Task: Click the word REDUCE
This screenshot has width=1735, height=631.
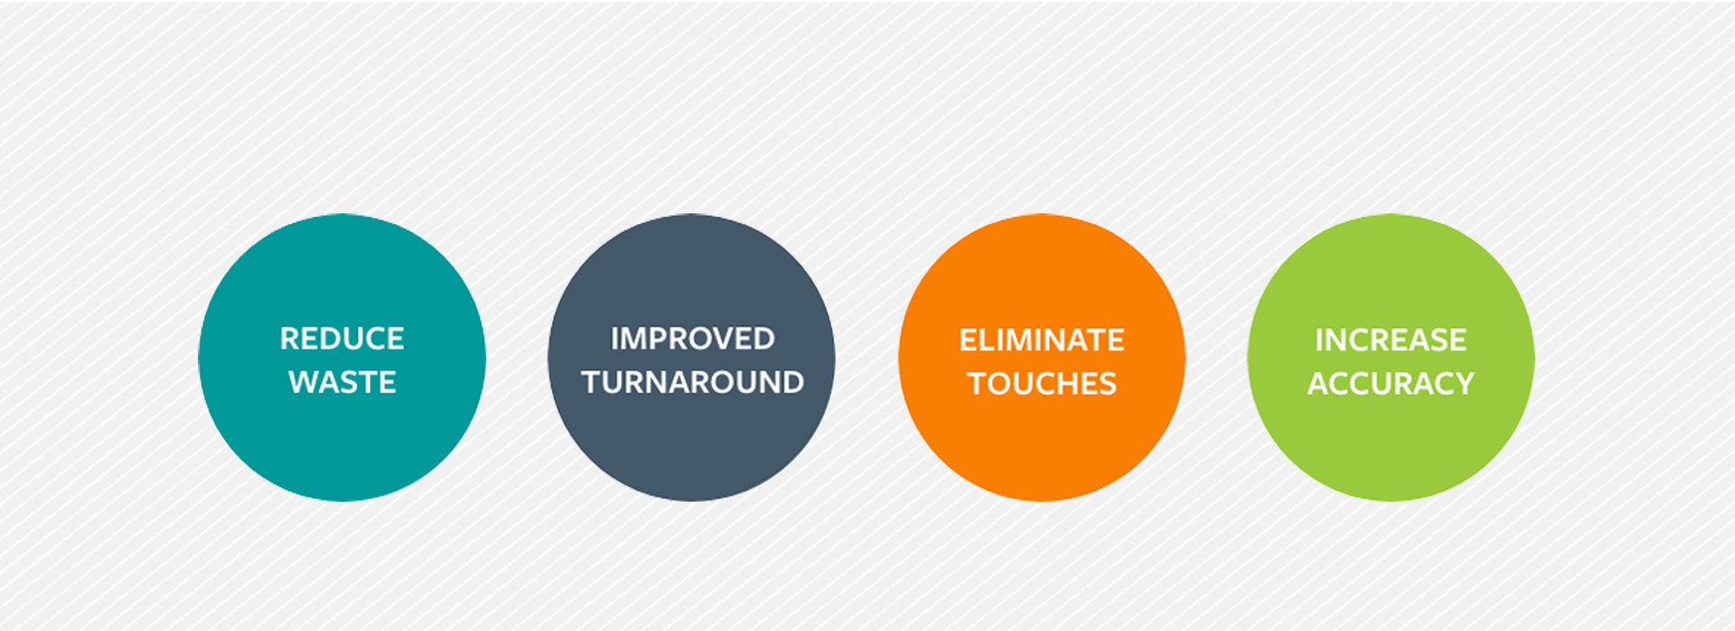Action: click(342, 339)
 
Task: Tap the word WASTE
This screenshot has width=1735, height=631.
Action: click(342, 382)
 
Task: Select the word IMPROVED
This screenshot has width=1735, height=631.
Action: click(692, 339)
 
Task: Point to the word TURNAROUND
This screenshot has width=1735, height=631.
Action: click(692, 382)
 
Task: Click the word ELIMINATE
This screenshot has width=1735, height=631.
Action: click(1042, 340)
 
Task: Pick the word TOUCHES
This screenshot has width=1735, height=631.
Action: click(1042, 383)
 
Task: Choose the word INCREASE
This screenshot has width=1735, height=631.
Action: click(1391, 340)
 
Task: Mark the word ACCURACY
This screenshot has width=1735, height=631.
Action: click(1391, 383)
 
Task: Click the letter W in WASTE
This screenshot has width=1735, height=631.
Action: click(304, 382)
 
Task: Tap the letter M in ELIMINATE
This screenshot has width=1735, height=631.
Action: click(1018, 340)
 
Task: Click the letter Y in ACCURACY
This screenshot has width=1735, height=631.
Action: click(1463, 383)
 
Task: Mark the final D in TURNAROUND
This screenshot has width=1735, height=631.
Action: click(792, 382)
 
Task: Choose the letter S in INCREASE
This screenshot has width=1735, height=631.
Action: click(1437, 340)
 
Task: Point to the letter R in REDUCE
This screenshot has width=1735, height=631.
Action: click(290, 339)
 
